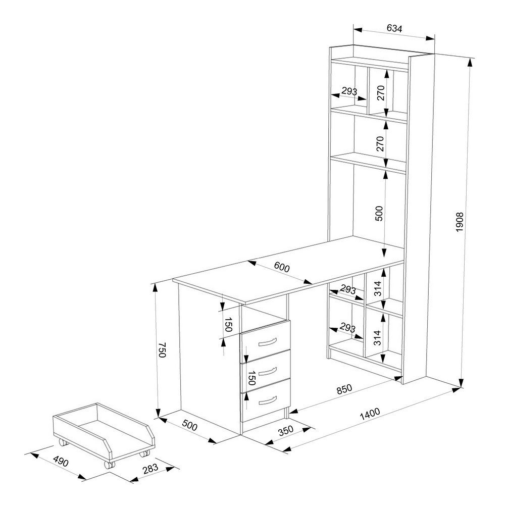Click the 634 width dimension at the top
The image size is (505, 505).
[394, 28]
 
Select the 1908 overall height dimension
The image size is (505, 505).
[459, 222]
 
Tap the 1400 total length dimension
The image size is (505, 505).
[370, 414]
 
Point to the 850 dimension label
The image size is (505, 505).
[344, 389]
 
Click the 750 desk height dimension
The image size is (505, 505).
[162, 350]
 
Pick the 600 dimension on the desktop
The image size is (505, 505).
[282, 267]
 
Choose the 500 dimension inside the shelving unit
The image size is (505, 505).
[379, 213]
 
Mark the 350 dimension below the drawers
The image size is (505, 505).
[286, 431]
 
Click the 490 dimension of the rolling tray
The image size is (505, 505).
[61, 462]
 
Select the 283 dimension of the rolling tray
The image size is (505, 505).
[150, 468]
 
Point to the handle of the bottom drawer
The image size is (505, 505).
[267, 400]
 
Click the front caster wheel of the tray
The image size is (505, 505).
[110, 465]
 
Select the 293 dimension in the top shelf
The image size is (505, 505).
[349, 91]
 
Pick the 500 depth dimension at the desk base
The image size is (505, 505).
[189, 426]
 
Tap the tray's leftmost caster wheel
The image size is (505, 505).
[64, 442]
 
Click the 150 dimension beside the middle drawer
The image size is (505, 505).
[252, 378]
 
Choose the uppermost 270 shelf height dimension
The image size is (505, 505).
[381, 93]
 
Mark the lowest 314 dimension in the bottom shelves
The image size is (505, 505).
[377, 337]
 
